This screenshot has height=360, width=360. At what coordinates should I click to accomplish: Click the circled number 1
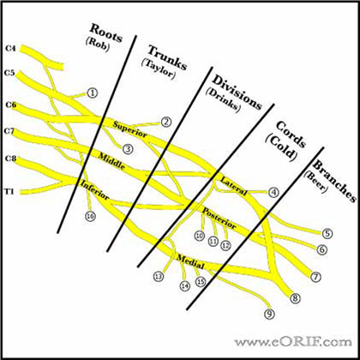point(93,93)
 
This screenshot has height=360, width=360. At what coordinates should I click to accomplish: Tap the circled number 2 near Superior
point(165,123)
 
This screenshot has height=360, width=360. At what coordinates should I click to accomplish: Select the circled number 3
point(128,149)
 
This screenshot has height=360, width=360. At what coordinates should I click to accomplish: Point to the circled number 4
point(273,193)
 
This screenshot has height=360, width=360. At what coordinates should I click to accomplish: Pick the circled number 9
point(269,314)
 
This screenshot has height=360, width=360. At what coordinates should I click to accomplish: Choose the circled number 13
point(159,276)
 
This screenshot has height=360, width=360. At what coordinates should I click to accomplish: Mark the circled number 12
point(225,245)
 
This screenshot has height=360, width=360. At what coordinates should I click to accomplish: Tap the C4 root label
point(10,49)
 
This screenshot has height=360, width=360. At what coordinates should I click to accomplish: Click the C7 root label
point(9,131)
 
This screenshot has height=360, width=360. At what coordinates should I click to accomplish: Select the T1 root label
point(9,192)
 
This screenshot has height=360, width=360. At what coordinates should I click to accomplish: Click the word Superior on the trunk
point(130,129)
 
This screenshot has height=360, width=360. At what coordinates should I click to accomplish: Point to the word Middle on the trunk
point(111,161)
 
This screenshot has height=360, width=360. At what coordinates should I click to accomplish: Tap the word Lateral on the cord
point(234,187)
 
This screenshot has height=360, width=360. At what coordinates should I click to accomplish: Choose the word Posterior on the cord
point(219,219)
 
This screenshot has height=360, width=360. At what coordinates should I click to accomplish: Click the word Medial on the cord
point(191,261)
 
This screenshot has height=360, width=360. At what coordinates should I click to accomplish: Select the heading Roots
point(106,33)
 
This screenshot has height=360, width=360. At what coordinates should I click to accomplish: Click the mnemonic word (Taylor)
point(158,69)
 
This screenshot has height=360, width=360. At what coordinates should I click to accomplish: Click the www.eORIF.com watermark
point(293,341)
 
